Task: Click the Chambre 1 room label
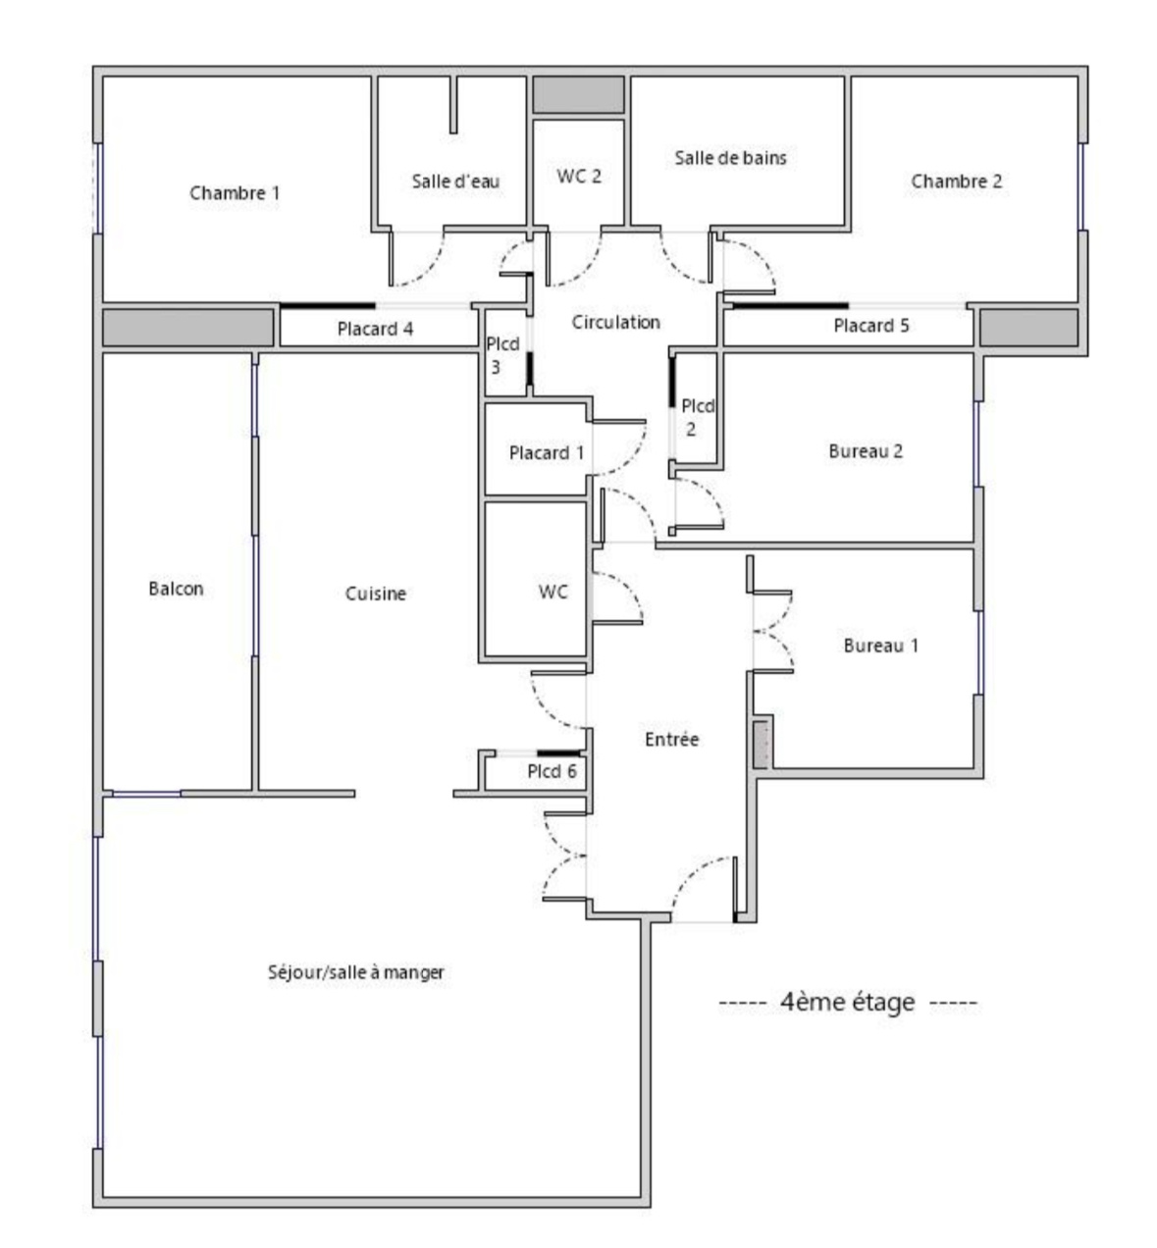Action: pyautogui.click(x=235, y=193)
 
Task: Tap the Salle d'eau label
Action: pyautogui.click(x=455, y=182)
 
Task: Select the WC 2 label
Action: pyautogui.click(x=579, y=176)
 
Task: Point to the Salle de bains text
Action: pyautogui.click(x=730, y=158)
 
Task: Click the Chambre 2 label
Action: pyautogui.click(x=956, y=182)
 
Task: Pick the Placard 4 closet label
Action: pyautogui.click(x=375, y=329)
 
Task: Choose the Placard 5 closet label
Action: pyautogui.click(x=870, y=326)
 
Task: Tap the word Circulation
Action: pyautogui.click(x=615, y=323)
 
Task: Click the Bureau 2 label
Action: pyautogui.click(x=866, y=451)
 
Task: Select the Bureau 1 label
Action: pyautogui.click(x=880, y=646)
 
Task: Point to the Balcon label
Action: pyautogui.click(x=176, y=589)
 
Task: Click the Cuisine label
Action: pyautogui.click(x=376, y=594)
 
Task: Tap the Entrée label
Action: pyautogui.click(x=671, y=739)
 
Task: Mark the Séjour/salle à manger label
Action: pyautogui.click(x=356, y=972)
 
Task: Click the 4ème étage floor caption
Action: pyautogui.click(x=847, y=1002)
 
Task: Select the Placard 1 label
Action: pyautogui.click(x=547, y=452)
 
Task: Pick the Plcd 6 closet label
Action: pyautogui.click(x=552, y=771)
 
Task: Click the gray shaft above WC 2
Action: pyautogui.click(x=579, y=95)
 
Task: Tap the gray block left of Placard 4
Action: pyautogui.click(x=188, y=328)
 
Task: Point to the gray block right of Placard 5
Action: pyautogui.click(x=1029, y=328)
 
